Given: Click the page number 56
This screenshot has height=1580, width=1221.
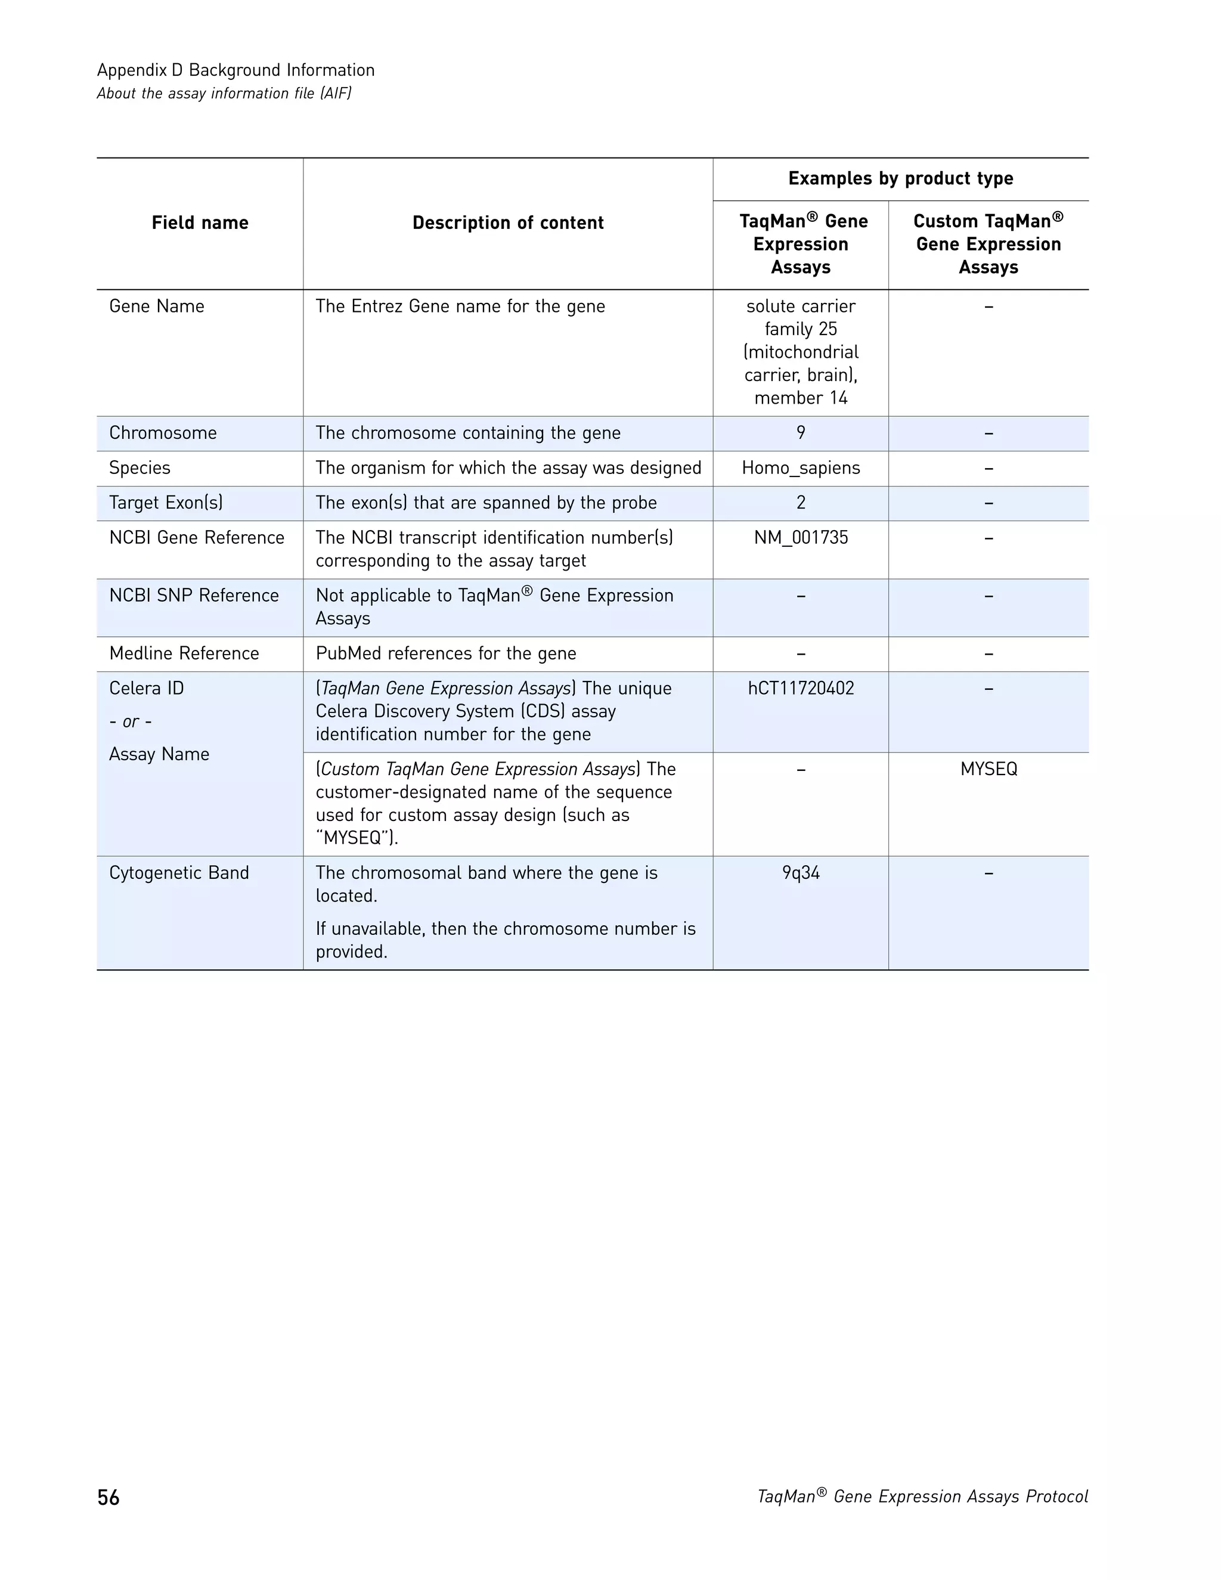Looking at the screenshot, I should pyautogui.click(x=109, y=1498).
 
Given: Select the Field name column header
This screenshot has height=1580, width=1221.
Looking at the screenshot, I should pyautogui.click(x=200, y=223).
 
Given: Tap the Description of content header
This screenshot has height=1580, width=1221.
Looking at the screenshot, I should pyautogui.click(x=508, y=223).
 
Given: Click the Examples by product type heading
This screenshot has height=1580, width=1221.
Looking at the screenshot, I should pyautogui.click(x=901, y=179).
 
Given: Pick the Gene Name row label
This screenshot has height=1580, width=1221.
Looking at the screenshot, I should pyautogui.click(x=157, y=306).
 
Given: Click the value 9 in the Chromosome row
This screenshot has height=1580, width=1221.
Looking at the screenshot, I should pyautogui.click(x=801, y=433).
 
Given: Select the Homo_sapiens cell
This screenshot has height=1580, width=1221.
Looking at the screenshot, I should pyautogui.click(x=801, y=468).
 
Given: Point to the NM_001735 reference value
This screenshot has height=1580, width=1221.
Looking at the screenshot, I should pyautogui.click(x=801, y=538).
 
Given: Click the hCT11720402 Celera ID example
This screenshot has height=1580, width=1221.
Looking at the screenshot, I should pyautogui.click(x=801, y=688).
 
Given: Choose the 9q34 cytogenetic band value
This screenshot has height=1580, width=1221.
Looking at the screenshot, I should pyautogui.click(x=801, y=873).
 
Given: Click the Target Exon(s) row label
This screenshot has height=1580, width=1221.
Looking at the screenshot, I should pyautogui.click(x=166, y=503).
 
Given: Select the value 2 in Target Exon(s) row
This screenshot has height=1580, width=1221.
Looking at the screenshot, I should pyautogui.click(x=801, y=503).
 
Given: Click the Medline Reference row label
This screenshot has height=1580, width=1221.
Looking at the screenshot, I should pyautogui.click(x=184, y=653).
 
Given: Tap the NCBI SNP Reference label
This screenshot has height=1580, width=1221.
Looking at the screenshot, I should pyautogui.click(x=194, y=596).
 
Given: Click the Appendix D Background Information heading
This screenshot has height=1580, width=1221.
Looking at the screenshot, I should pyautogui.click(x=236, y=70).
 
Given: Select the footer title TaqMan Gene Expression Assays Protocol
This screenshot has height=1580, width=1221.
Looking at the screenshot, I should pyautogui.click(x=922, y=1497).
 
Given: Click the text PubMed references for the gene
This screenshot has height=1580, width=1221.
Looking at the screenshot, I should pyautogui.click(x=445, y=653).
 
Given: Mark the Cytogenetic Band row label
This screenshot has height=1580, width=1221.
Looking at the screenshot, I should pyautogui.click(x=179, y=873).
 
